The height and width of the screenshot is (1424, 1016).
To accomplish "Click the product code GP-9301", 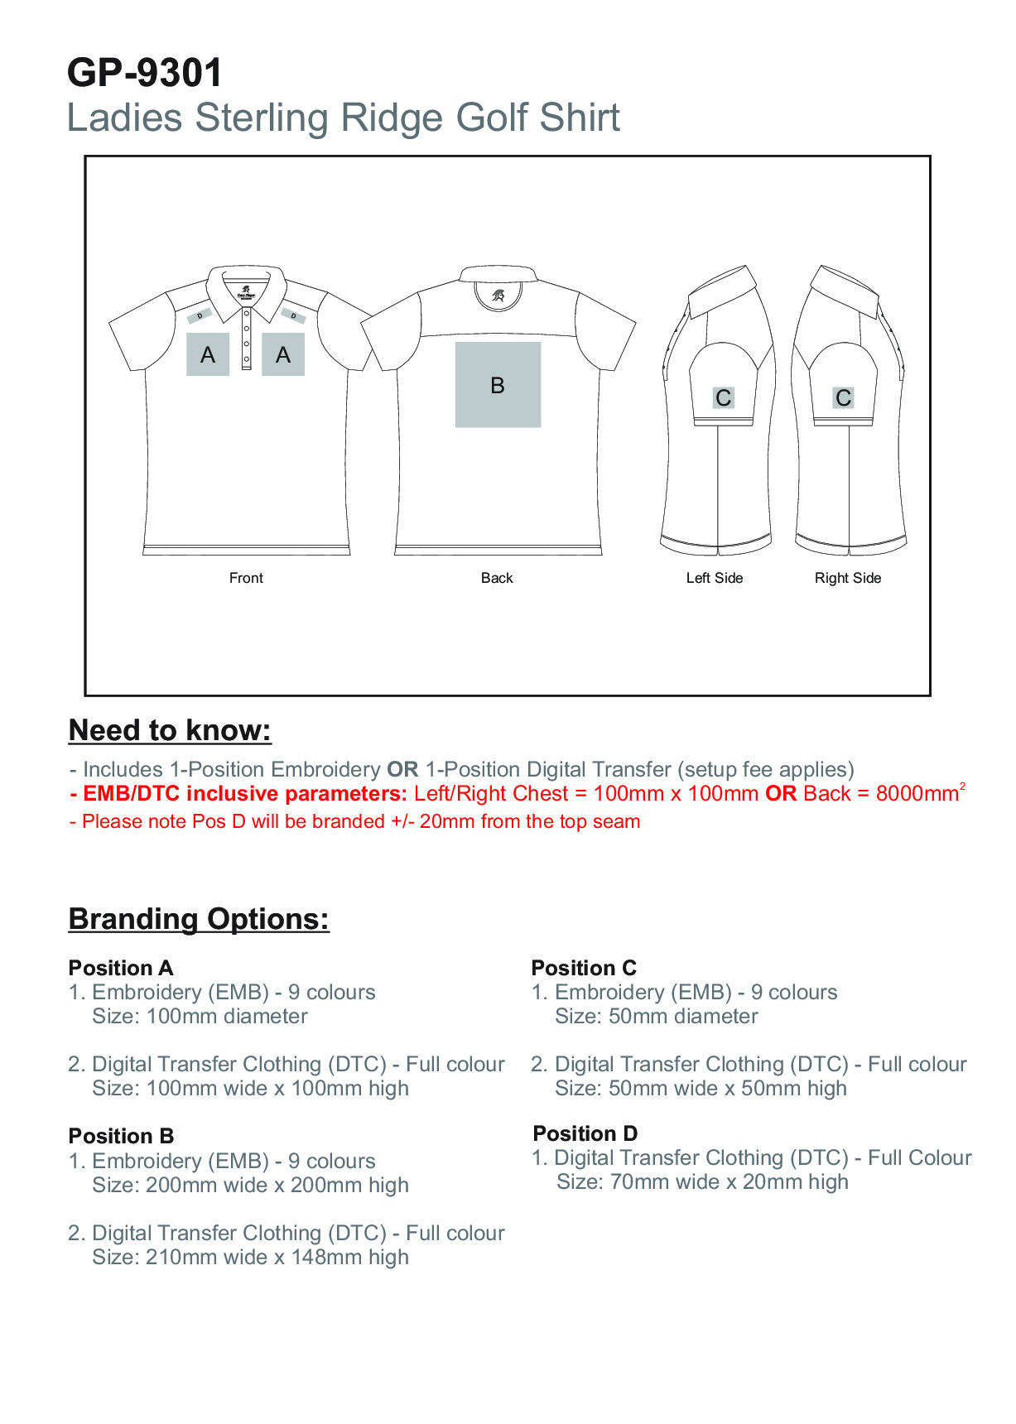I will click(x=145, y=73).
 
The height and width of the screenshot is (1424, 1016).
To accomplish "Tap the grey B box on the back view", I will click(x=498, y=385).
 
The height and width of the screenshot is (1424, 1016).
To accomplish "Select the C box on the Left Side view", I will click(x=723, y=398).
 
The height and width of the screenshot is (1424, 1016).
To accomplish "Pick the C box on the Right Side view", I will click(x=843, y=398).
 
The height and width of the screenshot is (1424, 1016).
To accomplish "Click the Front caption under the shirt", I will click(x=246, y=578).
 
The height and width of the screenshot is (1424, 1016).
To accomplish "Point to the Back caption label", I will click(x=497, y=578).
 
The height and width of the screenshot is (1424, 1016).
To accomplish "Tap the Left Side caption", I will click(x=714, y=578).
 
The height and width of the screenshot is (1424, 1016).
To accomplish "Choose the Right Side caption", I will click(x=847, y=578).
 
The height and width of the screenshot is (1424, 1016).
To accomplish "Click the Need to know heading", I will click(x=170, y=730).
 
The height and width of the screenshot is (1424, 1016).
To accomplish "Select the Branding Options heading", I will click(x=199, y=919).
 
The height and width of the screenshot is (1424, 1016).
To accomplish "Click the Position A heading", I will click(x=121, y=968).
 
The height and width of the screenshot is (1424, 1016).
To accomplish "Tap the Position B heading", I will click(x=121, y=1136).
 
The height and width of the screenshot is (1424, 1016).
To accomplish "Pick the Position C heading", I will click(x=584, y=968).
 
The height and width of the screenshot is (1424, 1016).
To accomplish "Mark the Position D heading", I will click(x=585, y=1133).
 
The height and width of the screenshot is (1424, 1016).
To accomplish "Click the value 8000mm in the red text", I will click(x=917, y=794).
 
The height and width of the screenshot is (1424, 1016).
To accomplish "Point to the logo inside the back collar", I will click(x=498, y=295).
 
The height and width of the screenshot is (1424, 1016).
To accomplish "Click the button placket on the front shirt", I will click(x=246, y=339).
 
